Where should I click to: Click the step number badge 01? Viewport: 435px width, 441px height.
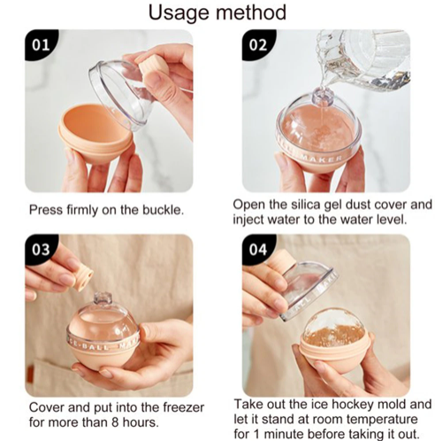[x=41, y=44]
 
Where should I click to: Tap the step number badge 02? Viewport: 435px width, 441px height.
[x=258, y=44]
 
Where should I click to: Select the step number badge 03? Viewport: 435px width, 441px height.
[x=41, y=250]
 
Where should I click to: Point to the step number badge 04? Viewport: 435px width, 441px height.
[x=258, y=250]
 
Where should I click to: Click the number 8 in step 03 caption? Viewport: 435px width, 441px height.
[x=115, y=422]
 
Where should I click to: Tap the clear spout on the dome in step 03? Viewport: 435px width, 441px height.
[x=103, y=298]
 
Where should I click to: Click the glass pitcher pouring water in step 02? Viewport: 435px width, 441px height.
[x=365, y=59]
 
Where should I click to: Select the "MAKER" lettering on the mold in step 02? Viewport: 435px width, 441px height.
[x=322, y=159]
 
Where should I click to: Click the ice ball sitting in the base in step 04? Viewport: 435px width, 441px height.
[x=335, y=328]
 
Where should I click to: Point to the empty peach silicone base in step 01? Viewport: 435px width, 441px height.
[x=95, y=133]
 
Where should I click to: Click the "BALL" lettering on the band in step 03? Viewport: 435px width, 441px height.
[x=96, y=345]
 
